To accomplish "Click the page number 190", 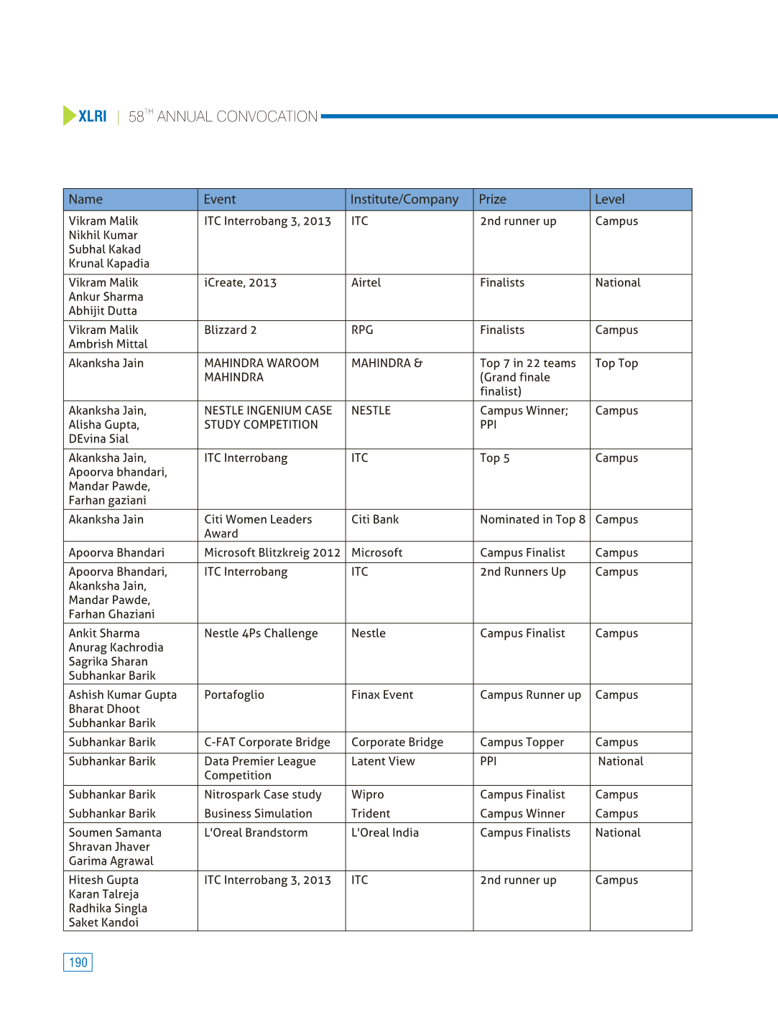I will [x=78, y=962].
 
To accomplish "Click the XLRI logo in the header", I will [x=85, y=116].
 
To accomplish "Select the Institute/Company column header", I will [x=404, y=200].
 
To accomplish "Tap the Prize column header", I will [x=493, y=200].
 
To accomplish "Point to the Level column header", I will [x=610, y=200].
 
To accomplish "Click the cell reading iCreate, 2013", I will [x=240, y=283].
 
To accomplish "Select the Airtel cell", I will [x=366, y=283].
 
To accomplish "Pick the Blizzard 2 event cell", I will [x=230, y=330].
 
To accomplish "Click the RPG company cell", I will [x=362, y=330].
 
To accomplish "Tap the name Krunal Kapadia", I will [x=109, y=264].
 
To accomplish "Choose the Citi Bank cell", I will [x=375, y=520].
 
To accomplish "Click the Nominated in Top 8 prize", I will [x=532, y=520].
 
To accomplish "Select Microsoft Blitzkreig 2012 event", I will [x=272, y=553].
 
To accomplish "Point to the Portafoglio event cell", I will [x=234, y=695].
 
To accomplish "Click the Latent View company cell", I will [x=383, y=761].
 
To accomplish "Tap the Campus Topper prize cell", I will [x=522, y=743].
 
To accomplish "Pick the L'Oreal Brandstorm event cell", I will [x=256, y=833].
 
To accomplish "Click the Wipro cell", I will [x=368, y=795].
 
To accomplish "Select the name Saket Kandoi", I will [x=103, y=923].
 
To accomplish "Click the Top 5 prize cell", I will [x=495, y=458].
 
